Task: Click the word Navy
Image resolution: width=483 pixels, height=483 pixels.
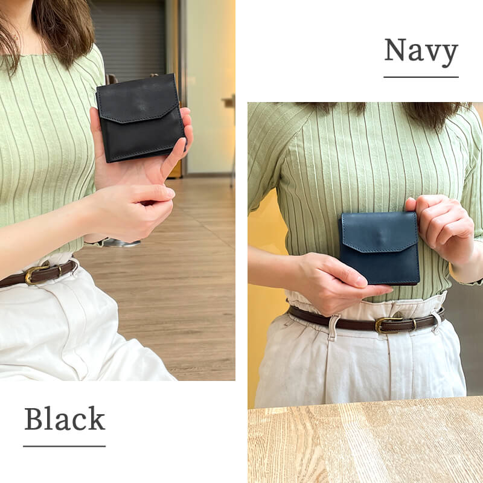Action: point(421,53)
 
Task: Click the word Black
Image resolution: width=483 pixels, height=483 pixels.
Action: point(65,418)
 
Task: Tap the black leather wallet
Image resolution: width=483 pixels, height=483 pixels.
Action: point(141,118)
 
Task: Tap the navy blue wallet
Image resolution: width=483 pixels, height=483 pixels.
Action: point(380,248)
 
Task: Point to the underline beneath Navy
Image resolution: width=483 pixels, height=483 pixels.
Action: point(421,77)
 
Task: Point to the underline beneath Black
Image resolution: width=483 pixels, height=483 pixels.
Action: point(65,446)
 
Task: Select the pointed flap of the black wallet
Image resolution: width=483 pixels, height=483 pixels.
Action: point(138,98)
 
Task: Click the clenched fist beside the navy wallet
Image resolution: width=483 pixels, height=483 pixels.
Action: point(440,228)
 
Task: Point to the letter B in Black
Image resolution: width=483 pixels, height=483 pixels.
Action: point(34,419)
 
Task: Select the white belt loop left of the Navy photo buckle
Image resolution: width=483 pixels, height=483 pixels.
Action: point(334,327)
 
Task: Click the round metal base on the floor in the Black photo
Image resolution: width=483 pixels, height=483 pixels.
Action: point(122,243)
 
